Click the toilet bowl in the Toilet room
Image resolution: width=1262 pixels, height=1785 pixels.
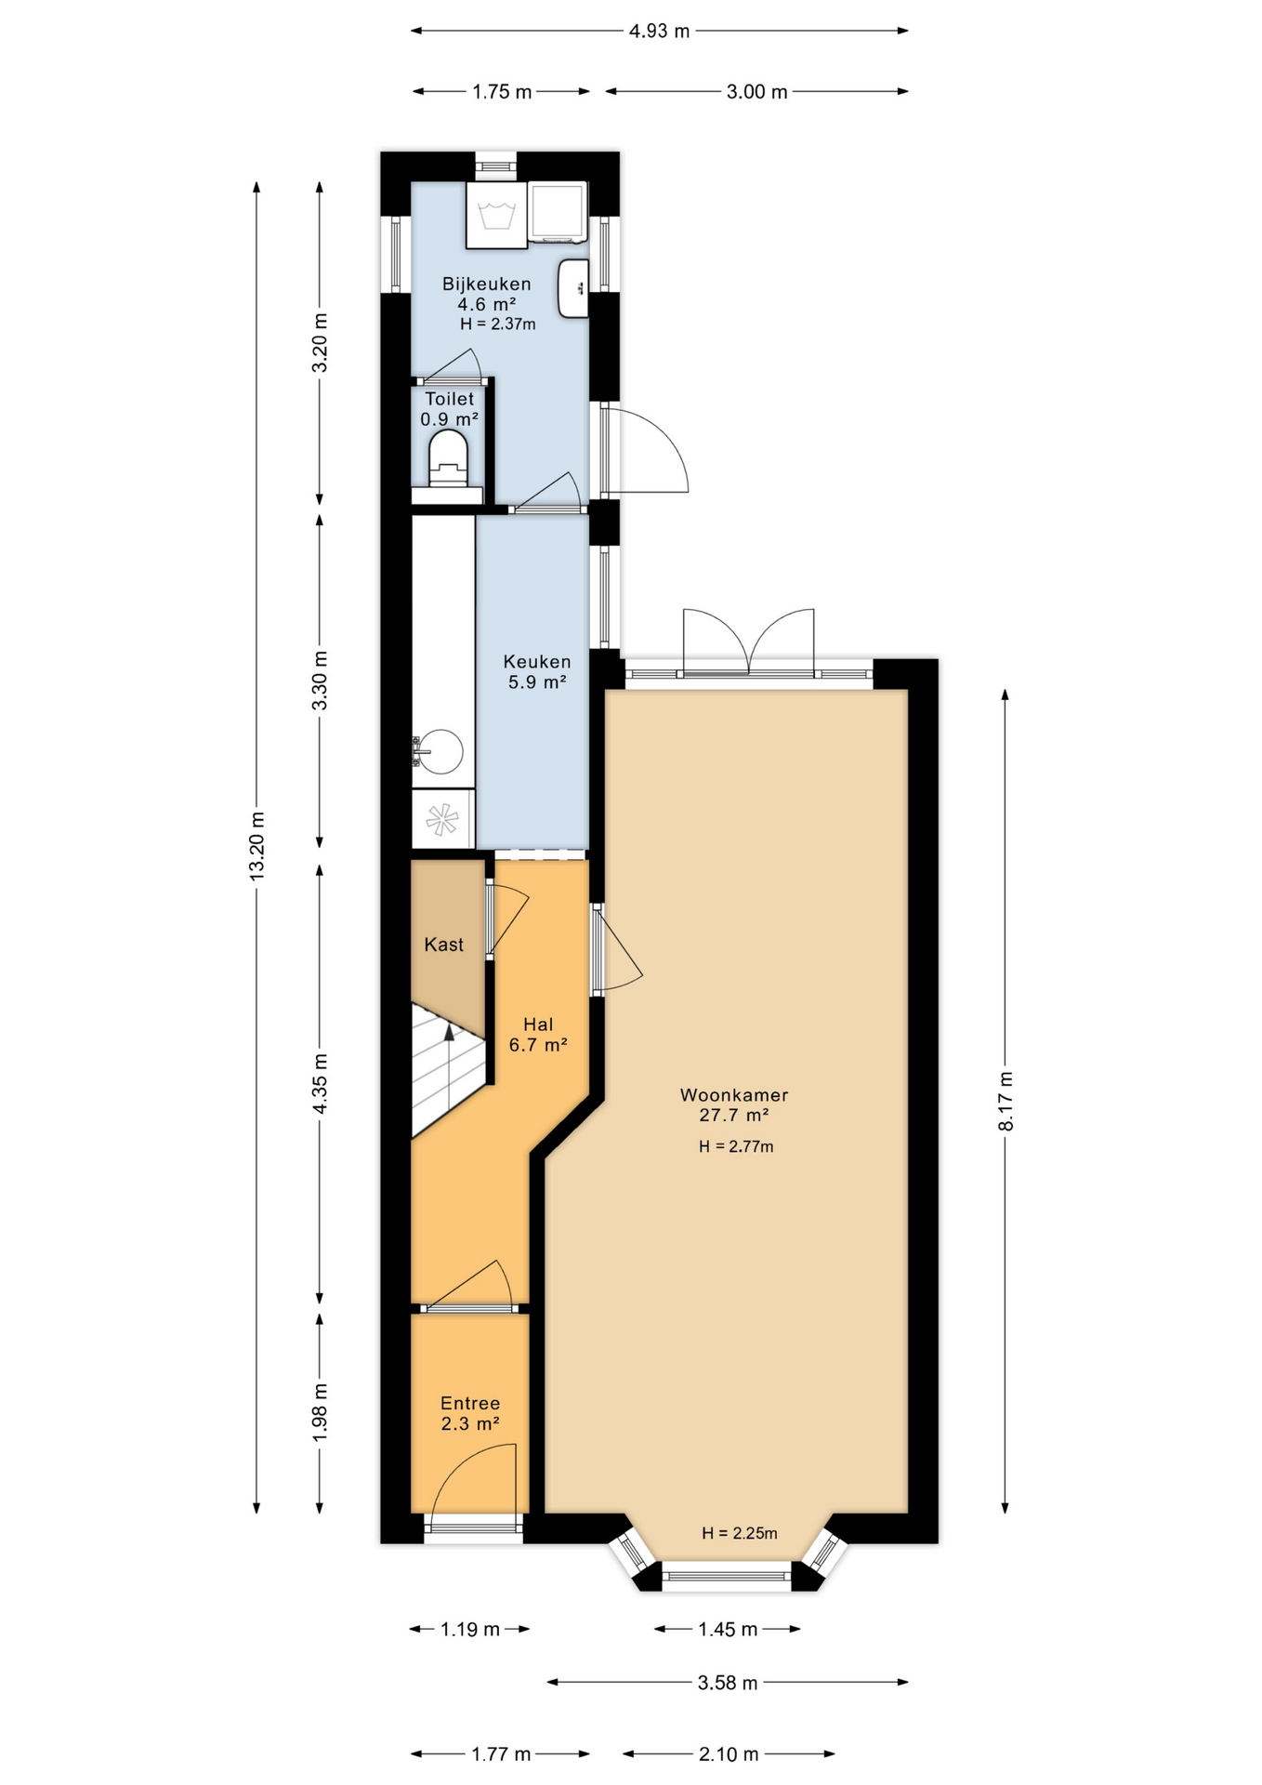tap(448, 459)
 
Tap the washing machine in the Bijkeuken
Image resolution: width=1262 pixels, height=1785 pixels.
tap(496, 215)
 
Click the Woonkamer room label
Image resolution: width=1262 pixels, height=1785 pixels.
tap(734, 1095)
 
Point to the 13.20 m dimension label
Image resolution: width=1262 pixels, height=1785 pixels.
tap(257, 845)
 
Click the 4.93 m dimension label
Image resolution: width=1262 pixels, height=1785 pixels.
tap(659, 31)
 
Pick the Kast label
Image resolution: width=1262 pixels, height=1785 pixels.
tap(443, 945)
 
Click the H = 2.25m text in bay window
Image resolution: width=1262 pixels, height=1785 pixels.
tap(740, 1533)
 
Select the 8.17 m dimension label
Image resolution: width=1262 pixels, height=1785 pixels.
tap(1006, 1101)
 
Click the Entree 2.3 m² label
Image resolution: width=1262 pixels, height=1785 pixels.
tap(470, 1413)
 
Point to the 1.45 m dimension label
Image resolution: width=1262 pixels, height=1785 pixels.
tap(728, 1629)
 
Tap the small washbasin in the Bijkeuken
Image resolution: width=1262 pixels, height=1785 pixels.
tap(572, 287)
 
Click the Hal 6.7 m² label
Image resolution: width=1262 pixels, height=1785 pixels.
tap(538, 1034)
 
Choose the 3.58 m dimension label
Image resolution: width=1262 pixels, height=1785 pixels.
tap(728, 1682)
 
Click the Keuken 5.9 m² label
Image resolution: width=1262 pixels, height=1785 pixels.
tap(537, 671)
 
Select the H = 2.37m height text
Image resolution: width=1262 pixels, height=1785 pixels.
tap(498, 324)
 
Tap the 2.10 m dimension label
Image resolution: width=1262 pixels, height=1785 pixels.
tap(729, 1754)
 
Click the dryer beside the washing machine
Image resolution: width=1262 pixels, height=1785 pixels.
tap(558, 212)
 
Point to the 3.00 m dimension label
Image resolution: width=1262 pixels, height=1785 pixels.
tap(756, 91)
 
